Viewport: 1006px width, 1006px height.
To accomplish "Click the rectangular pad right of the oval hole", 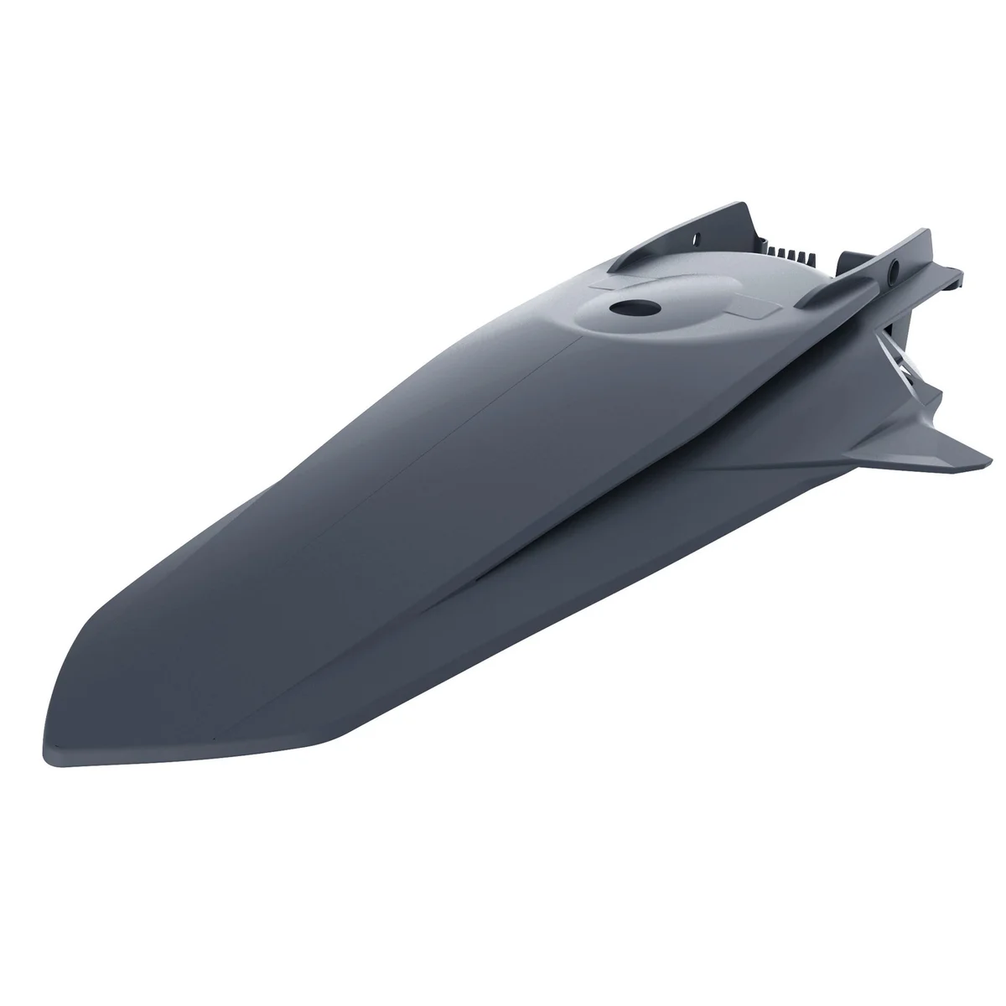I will pos(749,309).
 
